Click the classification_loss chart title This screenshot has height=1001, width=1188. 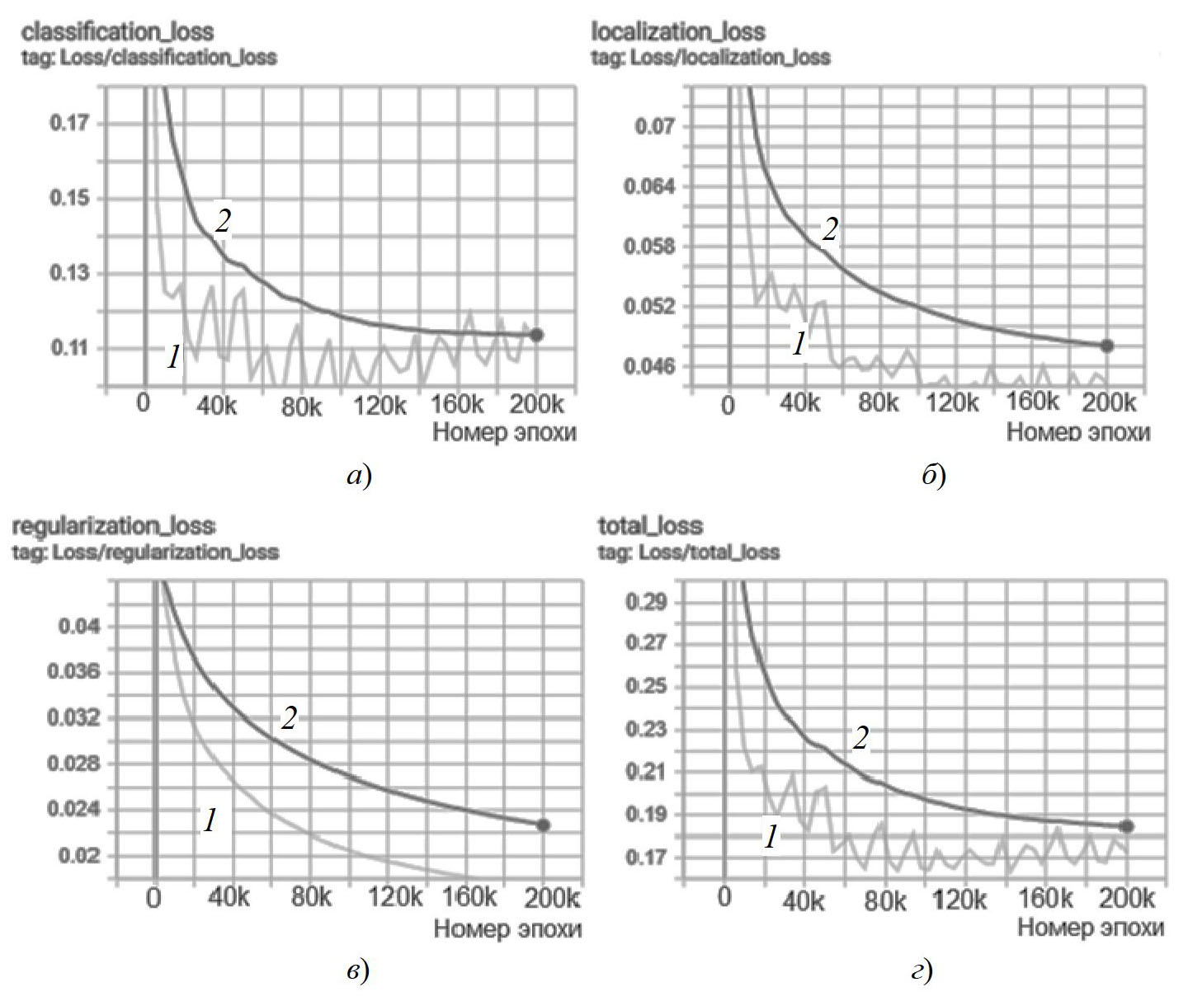click(117, 32)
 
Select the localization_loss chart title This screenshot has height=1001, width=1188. click(678, 32)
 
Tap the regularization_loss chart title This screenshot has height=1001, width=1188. click(114, 526)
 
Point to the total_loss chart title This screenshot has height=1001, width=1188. click(650, 526)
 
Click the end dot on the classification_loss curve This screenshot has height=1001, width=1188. click(536, 335)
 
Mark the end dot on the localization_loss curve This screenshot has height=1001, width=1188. click(1107, 346)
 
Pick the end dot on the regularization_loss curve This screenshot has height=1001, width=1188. click(543, 825)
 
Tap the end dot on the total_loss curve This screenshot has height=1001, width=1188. click(1127, 826)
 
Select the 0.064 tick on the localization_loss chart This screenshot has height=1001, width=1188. click(648, 186)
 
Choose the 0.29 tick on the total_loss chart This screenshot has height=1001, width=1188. click(647, 601)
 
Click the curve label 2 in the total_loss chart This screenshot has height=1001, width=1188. click(860, 740)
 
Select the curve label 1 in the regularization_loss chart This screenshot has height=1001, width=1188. click(210, 820)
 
